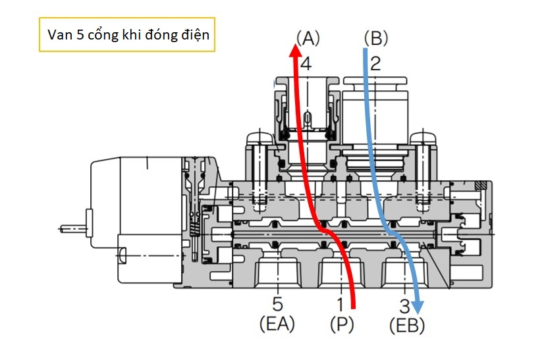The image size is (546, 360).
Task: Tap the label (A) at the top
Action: (308, 38)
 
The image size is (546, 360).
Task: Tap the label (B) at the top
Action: (375, 38)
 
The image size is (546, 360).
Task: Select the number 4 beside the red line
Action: (306, 64)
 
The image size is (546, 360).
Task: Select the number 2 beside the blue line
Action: (375, 64)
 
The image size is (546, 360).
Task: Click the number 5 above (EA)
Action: (277, 304)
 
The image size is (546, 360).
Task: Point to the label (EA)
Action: (277, 324)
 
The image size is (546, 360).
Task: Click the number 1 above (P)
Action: (341, 304)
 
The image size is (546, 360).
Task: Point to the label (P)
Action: (342, 324)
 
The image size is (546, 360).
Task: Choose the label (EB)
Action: (407, 326)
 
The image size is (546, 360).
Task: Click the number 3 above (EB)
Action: (404, 306)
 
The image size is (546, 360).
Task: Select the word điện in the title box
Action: (196, 35)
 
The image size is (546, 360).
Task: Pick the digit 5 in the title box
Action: (80, 35)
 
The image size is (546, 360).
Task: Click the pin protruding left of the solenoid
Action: (72, 229)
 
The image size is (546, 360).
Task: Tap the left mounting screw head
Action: (259, 139)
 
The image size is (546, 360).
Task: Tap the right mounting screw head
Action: (423, 139)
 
